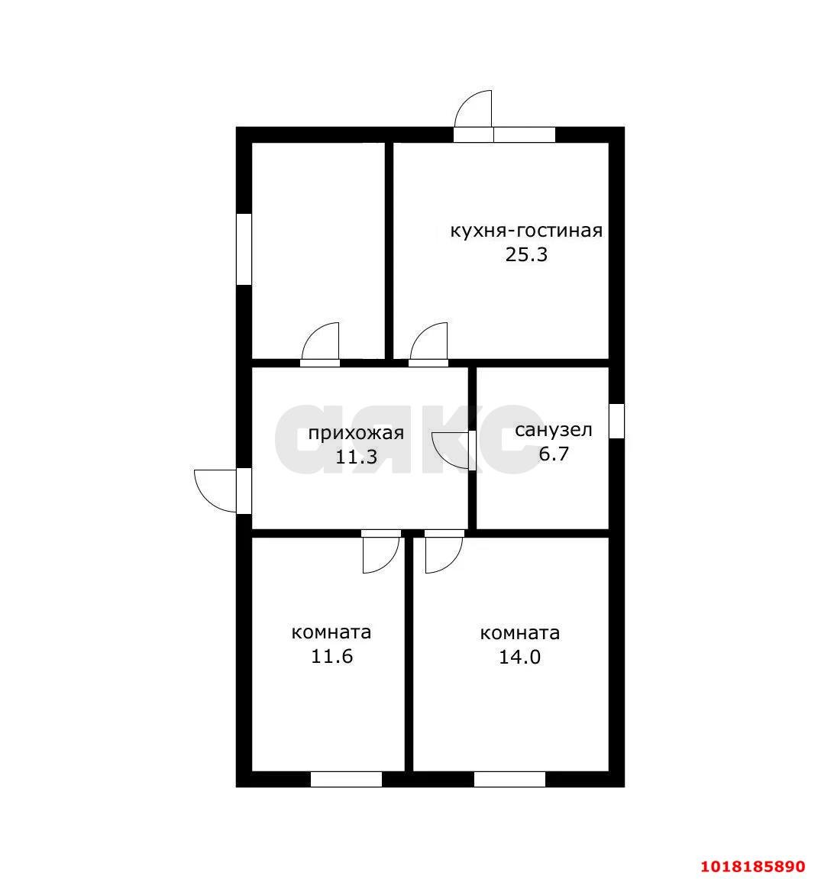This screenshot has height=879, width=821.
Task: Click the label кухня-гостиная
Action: [x=526, y=231]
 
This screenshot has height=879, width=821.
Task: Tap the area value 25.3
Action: [x=526, y=254]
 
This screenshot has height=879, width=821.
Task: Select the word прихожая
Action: [x=356, y=434]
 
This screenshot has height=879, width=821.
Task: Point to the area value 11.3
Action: [x=356, y=457]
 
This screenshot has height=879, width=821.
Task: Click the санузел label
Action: [x=554, y=430]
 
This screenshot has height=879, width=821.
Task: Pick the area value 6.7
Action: [x=554, y=454]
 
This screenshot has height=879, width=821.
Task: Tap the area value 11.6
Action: [x=332, y=656]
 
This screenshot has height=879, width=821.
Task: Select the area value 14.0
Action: [x=520, y=657]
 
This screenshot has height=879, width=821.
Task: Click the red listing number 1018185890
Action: [x=754, y=866]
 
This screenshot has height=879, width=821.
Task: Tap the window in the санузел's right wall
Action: [x=616, y=421]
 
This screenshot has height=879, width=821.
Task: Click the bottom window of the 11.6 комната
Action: [x=346, y=779]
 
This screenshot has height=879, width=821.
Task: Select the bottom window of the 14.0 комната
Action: [x=509, y=779]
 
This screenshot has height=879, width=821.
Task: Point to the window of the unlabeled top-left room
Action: [x=244, y=249]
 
